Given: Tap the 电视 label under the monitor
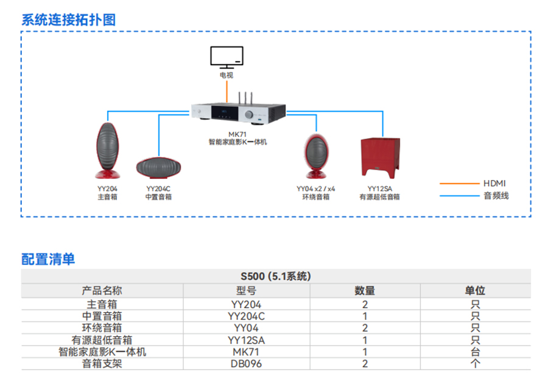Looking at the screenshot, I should tap(227, 75).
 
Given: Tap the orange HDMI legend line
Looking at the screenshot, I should tap(459, 183).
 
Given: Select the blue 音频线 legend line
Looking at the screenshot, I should tap(459, 195).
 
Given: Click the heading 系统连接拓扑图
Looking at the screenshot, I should tap(68, 19).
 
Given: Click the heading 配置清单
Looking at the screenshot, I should tap(48, 259).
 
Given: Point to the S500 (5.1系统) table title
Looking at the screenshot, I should tap(276, 276).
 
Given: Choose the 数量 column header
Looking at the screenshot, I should tap(365, 291).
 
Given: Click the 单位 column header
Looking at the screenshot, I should tap(475, 291).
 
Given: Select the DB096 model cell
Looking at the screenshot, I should tap(247, 364).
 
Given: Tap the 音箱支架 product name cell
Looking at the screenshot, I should tap(102, 364).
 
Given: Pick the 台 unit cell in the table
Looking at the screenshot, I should tap(475, 351).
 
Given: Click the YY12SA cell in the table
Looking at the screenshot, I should tap(247, 340).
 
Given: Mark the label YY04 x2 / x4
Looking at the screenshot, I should tap(315, 188).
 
